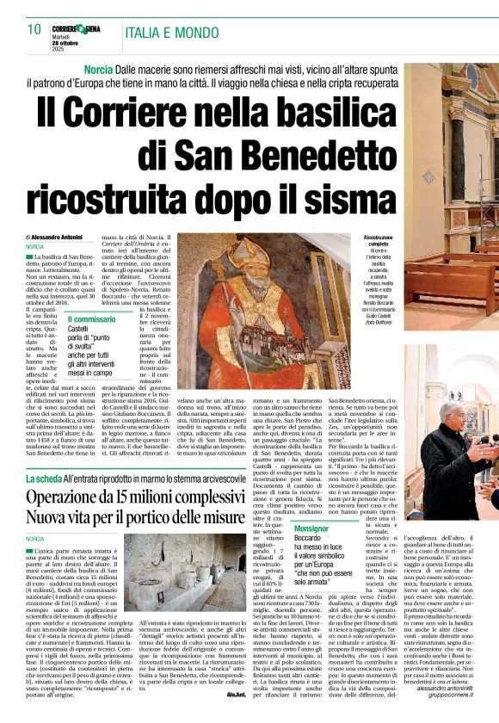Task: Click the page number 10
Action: point(34,28)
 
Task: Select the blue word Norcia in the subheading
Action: point(100,68)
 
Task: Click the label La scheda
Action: point(44,476)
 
